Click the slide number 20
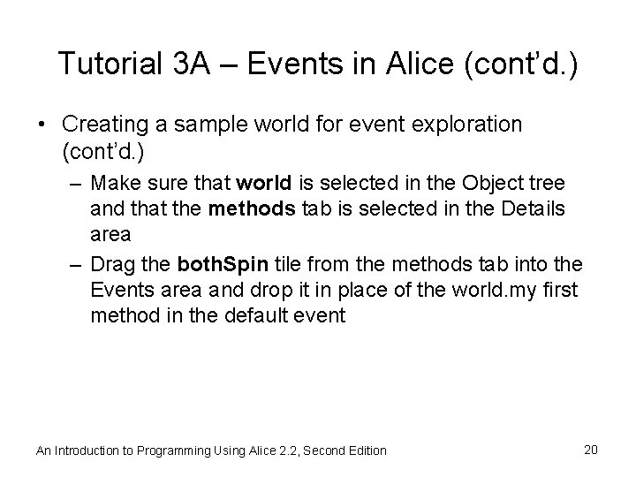click(x=591, y=450)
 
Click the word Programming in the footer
click(x=169, y=450)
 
